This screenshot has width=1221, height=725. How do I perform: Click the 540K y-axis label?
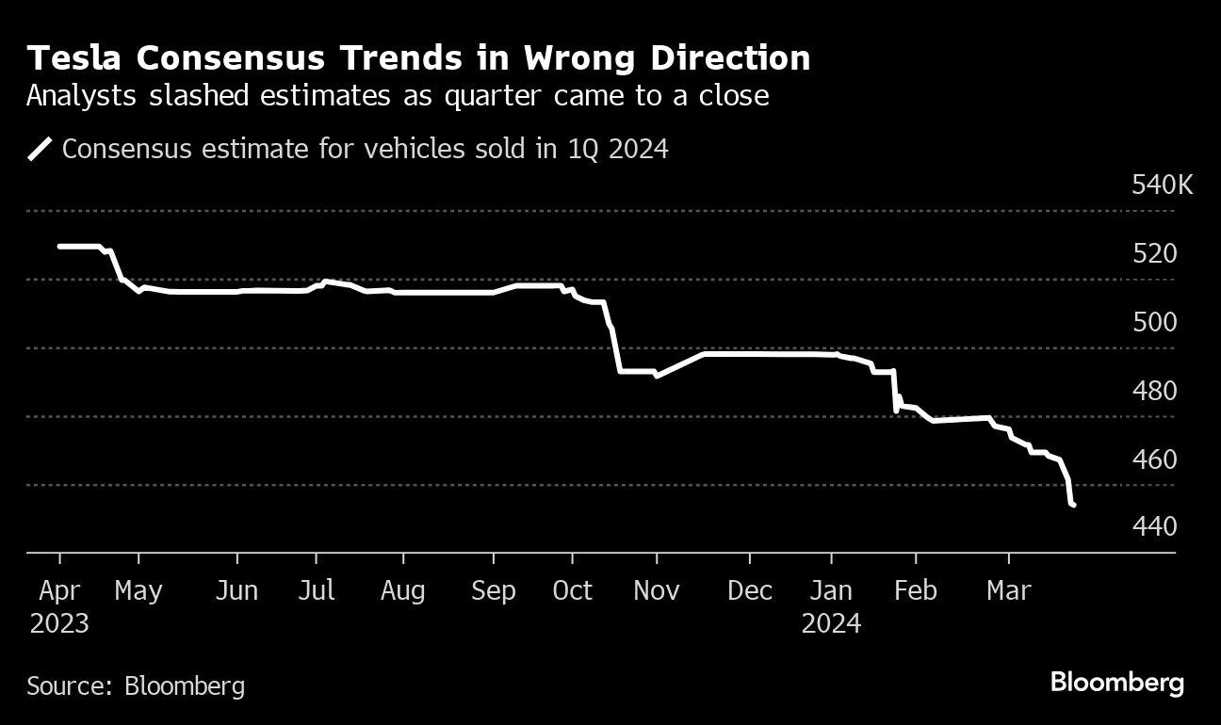click(1162, 185)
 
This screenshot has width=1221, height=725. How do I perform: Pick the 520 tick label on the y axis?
click(1154, 253)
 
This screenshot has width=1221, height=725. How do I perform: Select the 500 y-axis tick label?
click(1154, 322)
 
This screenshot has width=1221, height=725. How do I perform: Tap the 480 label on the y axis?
click(1154, 391)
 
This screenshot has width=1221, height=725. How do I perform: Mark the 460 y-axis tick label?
click(1154, 459)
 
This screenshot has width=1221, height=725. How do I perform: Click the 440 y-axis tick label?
click(1154, 526)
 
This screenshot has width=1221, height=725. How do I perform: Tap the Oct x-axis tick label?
click(572, 591)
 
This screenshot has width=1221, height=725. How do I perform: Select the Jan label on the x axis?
click(831, 591)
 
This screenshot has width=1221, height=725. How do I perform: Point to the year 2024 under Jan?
click(831, 623)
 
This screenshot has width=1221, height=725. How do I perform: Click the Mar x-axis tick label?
click(1009, 591)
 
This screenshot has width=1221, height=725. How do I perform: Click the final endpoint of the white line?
click(1073, 506)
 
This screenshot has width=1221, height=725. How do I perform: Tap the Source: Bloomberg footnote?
click(136, 685)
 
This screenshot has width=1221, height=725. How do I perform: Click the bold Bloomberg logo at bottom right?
click(1116, 683)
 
